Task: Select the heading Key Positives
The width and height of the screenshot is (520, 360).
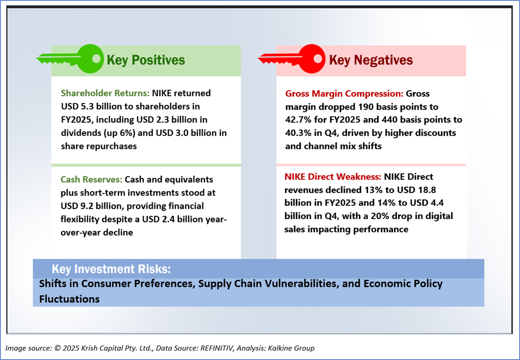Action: tap(146, 60)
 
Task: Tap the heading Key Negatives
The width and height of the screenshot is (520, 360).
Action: tap(371, 60)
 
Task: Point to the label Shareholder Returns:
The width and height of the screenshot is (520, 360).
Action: tap(105, 93)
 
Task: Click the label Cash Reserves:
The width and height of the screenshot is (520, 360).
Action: tap(92, 179)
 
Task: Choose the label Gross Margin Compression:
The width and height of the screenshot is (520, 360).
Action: tap(344, 93)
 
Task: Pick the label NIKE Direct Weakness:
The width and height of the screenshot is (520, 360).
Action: tap(333, 177)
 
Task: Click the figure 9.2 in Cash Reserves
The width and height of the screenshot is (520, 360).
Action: tap(87, 206)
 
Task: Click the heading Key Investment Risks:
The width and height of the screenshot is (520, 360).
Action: tap(111, 269)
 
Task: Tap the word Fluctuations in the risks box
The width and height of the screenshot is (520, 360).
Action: tap(69, 299)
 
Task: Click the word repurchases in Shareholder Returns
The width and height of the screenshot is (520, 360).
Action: tap(111, 146)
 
